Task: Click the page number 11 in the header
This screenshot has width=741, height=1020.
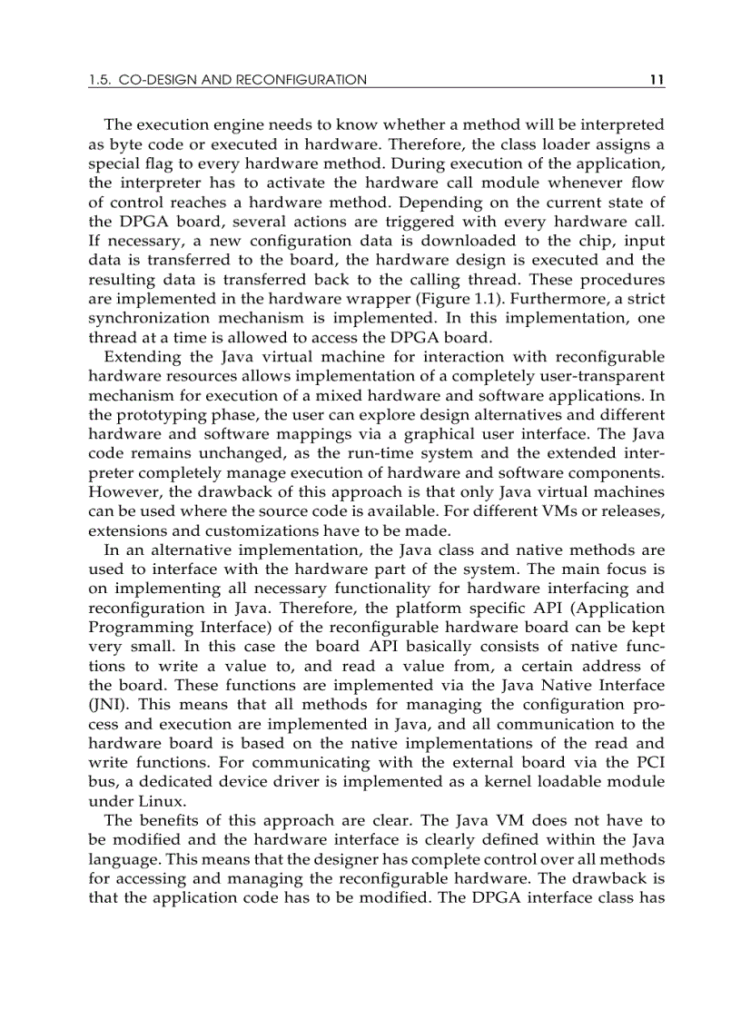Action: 657,80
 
